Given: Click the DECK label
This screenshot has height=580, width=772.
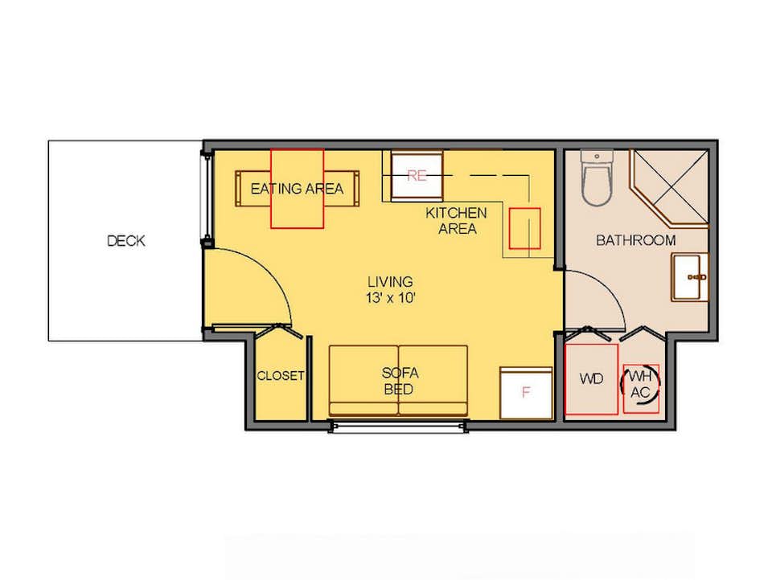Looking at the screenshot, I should pos(126,240).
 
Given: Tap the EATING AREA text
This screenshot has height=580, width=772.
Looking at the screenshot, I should pos(297,189).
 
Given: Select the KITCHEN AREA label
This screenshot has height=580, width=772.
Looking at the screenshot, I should pos(457,220).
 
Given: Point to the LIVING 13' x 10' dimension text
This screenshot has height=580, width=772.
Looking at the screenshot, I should pos(391,289).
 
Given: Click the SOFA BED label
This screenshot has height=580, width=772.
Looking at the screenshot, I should pos(398,382).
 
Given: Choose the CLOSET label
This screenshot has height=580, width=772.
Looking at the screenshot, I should pos(281,376).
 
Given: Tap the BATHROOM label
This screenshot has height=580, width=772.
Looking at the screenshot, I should pos(635,240).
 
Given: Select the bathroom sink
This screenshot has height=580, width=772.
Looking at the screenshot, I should pos(690,277).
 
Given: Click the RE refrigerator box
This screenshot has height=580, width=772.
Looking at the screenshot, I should pos(417,175).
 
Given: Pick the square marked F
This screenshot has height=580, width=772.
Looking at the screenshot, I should pos(526,393).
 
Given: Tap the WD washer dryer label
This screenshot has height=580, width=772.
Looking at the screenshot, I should pos(591,379).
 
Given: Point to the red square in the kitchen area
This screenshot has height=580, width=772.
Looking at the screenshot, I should pos(524,228).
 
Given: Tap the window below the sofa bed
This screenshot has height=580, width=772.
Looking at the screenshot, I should pos(398,426).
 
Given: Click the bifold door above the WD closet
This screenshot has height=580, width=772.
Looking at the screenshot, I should pos(591,332).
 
